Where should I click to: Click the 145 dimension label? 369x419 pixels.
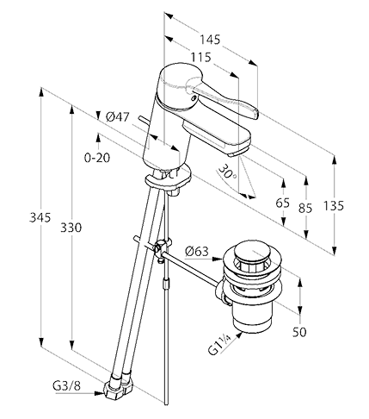point(210,40)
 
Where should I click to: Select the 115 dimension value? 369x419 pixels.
point(201,58)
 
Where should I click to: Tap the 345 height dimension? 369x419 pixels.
point(40,217)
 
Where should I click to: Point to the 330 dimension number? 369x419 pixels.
point(71,228)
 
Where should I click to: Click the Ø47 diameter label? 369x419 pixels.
point(118,117)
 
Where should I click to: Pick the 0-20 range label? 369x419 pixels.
point(97,158)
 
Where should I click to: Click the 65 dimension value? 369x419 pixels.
point(283,203)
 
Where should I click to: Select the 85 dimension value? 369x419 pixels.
point(304,208)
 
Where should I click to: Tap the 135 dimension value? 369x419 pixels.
point(334,206)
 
